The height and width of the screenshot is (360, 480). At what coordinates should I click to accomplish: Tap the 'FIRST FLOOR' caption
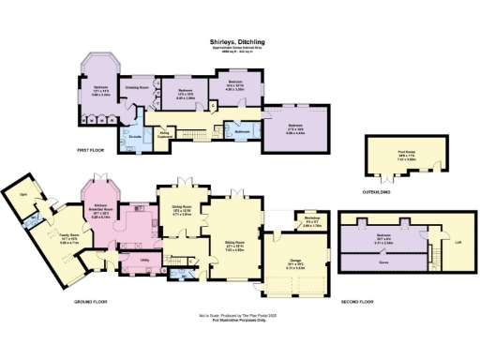pyautogui.click(x=94, y=152)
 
